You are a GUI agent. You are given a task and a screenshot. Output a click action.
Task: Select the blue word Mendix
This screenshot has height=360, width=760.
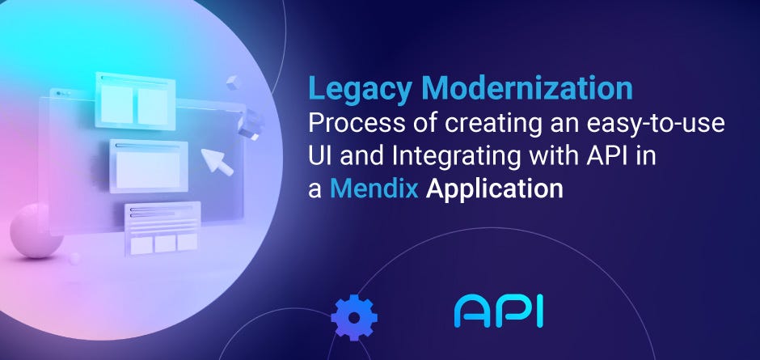click(x=384, y=189)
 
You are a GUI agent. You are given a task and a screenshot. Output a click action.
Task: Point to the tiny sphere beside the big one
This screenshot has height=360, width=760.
click(x=76, y=257)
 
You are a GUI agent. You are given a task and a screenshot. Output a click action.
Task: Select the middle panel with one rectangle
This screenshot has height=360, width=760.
click(x=148, y=166)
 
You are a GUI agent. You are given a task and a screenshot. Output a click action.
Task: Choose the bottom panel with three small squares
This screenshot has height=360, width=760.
click(x=163, y=228)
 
